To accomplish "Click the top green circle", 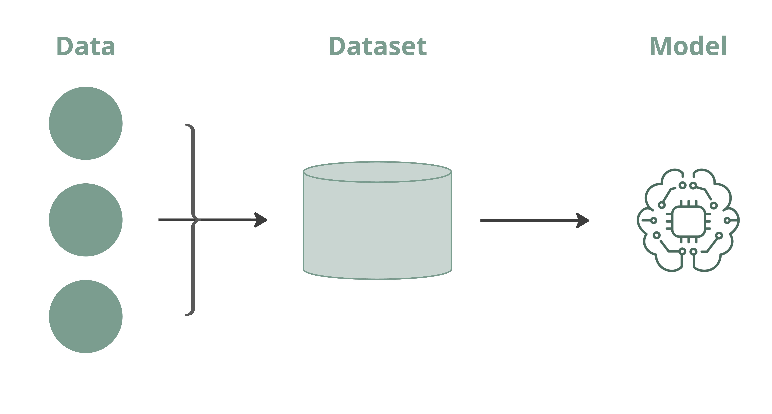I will click(86, 123).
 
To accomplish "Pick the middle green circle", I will click(86, 220).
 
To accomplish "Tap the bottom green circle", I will click(86, 316).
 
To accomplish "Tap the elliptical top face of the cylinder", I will click(377, 172).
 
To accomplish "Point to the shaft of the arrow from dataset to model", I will click(527, 220).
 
